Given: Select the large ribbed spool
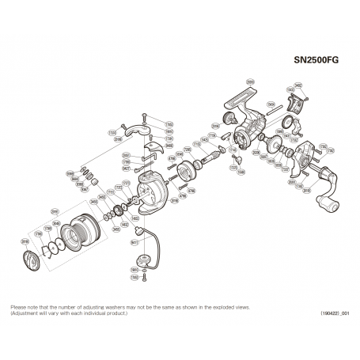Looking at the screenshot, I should [x=79, y=230].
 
